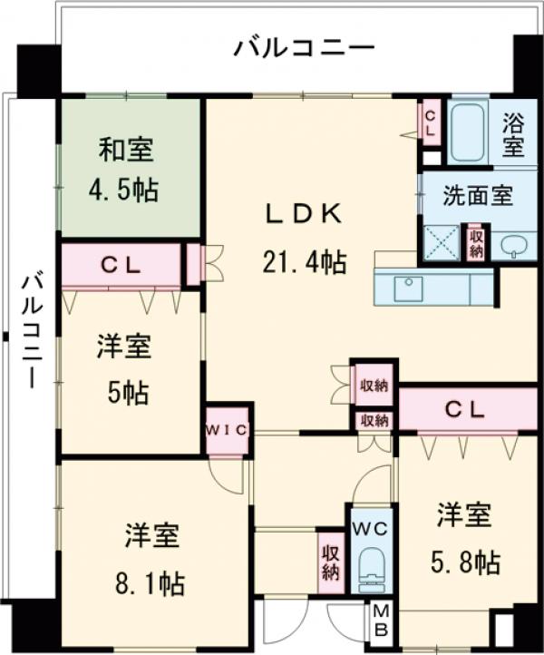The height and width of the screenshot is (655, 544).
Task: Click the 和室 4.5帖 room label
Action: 124,168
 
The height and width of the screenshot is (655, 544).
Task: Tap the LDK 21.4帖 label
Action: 304,239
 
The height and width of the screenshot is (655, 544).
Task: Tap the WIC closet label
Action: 226,429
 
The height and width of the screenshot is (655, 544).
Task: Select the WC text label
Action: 370,528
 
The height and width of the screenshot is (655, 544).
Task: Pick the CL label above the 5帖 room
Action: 121,266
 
